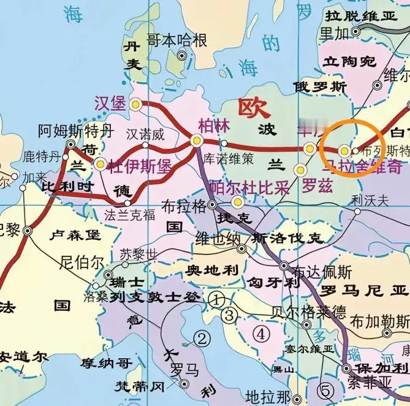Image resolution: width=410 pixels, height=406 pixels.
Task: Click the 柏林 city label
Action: click(214, 124)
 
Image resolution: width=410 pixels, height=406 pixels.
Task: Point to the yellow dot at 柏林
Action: click(197, 140)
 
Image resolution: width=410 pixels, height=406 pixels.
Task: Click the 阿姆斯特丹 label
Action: click(76, 130)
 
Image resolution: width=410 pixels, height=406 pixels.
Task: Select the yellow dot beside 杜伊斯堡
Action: click(100, 164)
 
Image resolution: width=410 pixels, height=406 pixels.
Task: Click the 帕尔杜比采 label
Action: click(249, 187)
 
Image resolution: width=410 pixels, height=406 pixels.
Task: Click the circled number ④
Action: click(262, 334)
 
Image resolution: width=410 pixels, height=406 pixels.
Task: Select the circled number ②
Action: click(202, 338)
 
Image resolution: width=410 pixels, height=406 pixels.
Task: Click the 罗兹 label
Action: click(317, 184)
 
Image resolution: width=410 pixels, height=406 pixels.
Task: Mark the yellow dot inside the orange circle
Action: click(344, 150)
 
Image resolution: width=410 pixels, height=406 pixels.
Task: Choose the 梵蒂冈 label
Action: click(140, 386)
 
